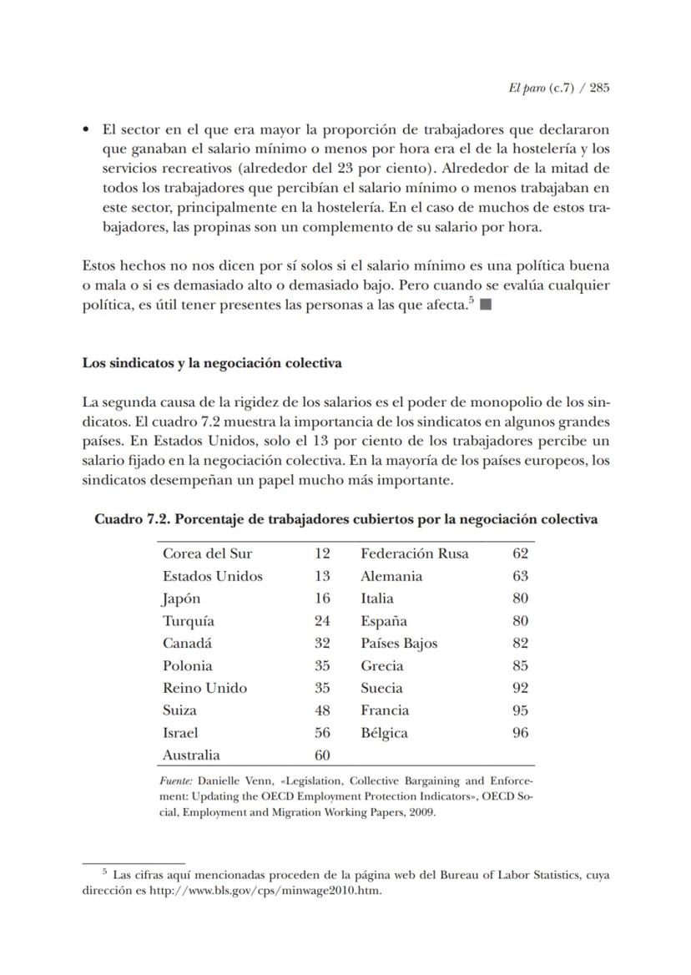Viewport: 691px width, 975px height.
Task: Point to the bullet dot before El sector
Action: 86,131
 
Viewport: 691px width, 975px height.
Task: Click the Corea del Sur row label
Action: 207,553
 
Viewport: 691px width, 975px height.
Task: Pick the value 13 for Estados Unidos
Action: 322,576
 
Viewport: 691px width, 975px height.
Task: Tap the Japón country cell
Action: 181,599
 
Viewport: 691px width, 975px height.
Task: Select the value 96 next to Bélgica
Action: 520,733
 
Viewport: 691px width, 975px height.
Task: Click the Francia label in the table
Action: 385,710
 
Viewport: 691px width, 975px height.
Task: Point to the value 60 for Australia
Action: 322,755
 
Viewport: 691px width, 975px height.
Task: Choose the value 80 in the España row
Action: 520,621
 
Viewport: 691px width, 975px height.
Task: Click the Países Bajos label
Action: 399,644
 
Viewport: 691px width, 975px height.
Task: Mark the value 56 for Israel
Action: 322,733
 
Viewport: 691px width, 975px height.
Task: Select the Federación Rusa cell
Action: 415,553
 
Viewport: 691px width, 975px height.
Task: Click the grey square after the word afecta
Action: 486,306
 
